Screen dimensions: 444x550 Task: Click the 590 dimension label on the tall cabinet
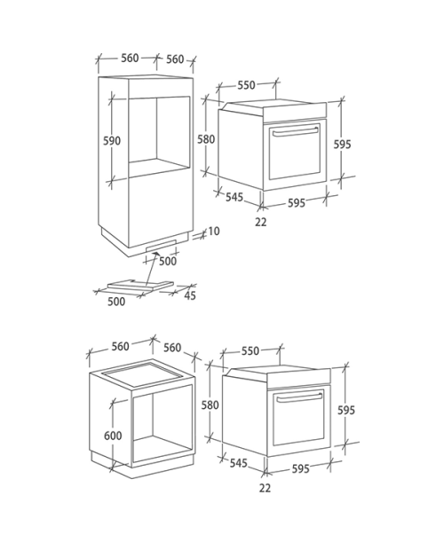(112, 141)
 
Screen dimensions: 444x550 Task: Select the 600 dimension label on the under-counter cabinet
(113, 436)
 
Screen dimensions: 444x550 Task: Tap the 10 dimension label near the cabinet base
(214, 232)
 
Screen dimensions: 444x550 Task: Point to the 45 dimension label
(190, 295)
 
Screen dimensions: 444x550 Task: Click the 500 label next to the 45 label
(116, 302)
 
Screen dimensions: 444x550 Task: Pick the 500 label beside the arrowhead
(168, 262)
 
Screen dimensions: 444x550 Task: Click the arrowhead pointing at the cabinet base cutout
(155, 254)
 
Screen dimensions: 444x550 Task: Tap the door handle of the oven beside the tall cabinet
(295, 131)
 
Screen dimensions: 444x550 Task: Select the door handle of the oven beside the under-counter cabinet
(298, 397)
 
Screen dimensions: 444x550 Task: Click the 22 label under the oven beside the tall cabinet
(261, 222)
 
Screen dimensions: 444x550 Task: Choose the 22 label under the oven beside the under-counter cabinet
(265, 488)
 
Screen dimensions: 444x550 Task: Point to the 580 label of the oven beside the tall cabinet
(206, 139)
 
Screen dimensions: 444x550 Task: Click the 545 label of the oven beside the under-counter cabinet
(239, 463)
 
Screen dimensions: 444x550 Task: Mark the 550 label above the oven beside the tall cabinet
(246, 85)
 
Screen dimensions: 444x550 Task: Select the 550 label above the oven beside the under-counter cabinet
(250, 350)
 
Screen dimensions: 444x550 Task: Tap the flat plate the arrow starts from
(140, 285)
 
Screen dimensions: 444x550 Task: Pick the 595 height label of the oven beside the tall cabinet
(342, 145)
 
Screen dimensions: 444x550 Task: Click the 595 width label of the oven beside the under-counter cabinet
(301, 469)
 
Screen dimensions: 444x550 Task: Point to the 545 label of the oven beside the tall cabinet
(234, 197)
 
